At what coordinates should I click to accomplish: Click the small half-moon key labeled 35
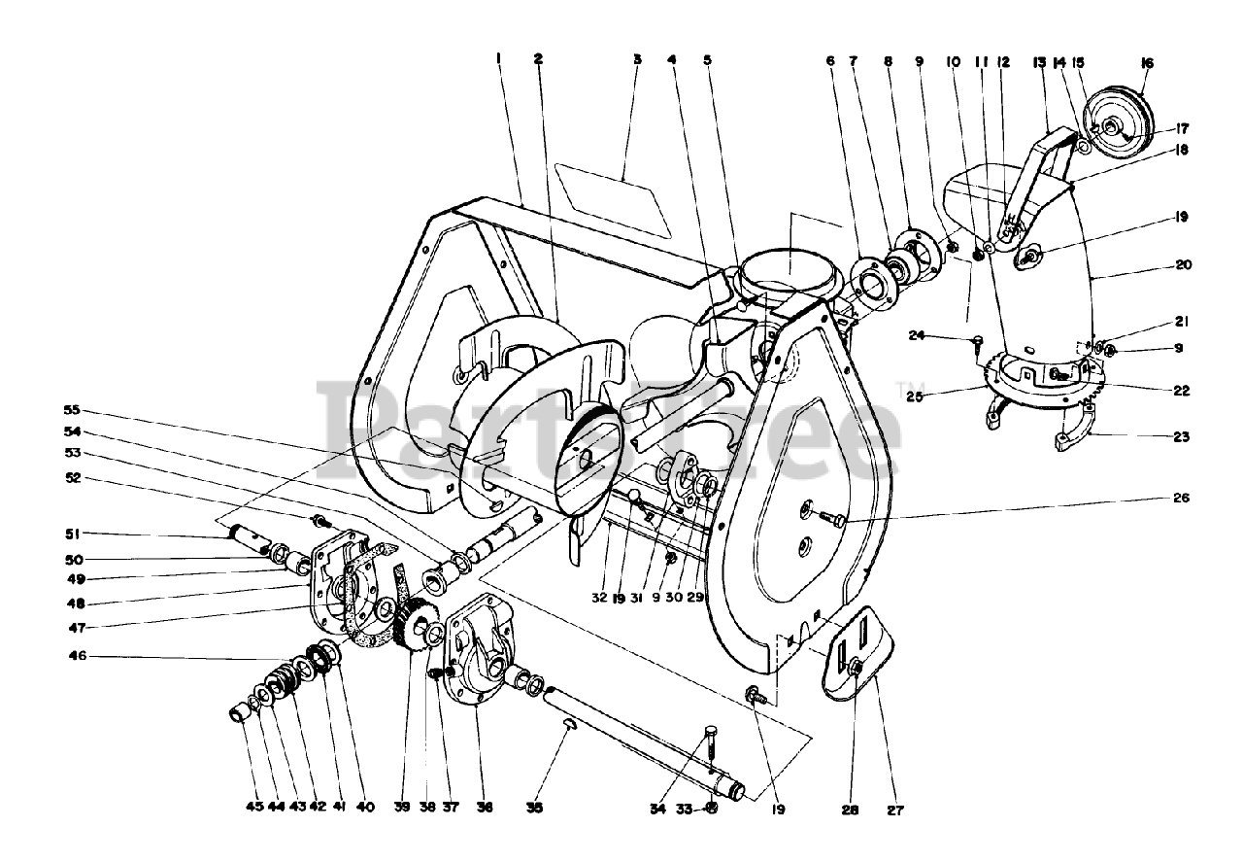[x=569, y=723]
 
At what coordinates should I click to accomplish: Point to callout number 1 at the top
[x=497, y=59]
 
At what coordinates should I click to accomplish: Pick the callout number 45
[x=254, y=808]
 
